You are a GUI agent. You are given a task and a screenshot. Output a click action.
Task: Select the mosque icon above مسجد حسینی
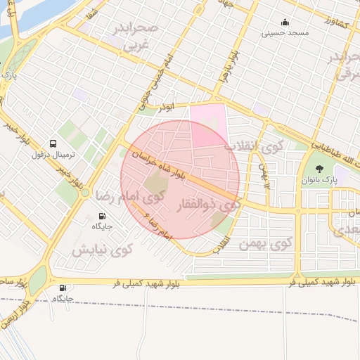click(284, 22)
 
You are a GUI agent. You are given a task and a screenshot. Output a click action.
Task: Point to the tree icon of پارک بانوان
click(320, 169)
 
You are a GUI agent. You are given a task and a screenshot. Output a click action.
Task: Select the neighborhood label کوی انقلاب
click(252, 148)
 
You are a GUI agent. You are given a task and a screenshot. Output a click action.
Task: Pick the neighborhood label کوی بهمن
click(271, 244)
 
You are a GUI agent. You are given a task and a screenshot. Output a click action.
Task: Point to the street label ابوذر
click(165, 106)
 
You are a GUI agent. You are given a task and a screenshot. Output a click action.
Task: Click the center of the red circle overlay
click(180, 180)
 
